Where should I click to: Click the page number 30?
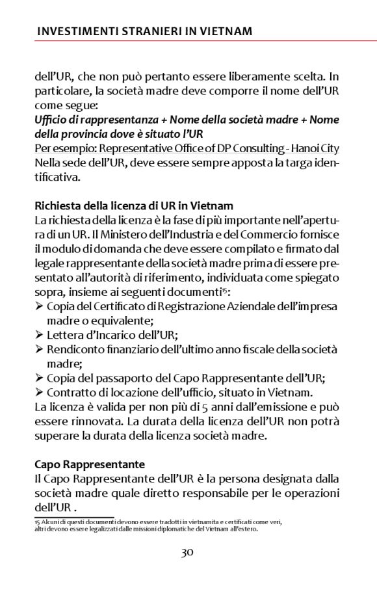188,553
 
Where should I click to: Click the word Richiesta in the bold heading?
58,206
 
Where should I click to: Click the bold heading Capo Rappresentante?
89,465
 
